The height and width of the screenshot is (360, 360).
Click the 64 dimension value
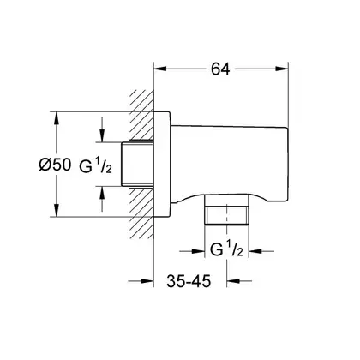pos(220,69)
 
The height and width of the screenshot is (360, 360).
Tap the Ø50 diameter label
pos(55,165)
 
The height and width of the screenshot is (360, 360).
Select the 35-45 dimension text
pos(189,281)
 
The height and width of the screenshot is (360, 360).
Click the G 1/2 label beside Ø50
pos(95,166)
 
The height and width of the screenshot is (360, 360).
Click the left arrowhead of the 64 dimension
pos(160,69)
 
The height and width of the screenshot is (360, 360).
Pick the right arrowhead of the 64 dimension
pos(282,69)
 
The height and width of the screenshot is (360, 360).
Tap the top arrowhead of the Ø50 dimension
pos(57,118)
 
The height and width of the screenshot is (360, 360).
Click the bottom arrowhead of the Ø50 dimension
pos(57,210)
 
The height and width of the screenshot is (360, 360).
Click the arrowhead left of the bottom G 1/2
pos(198,251)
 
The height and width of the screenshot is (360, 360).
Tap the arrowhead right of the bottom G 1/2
pos(255,251)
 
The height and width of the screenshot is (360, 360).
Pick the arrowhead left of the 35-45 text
pos(147,281)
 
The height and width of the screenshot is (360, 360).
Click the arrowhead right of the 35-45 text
pos(233,281)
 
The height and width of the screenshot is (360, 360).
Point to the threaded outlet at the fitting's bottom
pos(226,211)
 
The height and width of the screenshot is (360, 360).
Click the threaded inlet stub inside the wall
pos(137,164)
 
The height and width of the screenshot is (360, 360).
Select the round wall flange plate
pos(162,164)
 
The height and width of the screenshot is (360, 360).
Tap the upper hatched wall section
pos(141,115)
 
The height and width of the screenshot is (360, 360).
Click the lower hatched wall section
pos(141,213)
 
